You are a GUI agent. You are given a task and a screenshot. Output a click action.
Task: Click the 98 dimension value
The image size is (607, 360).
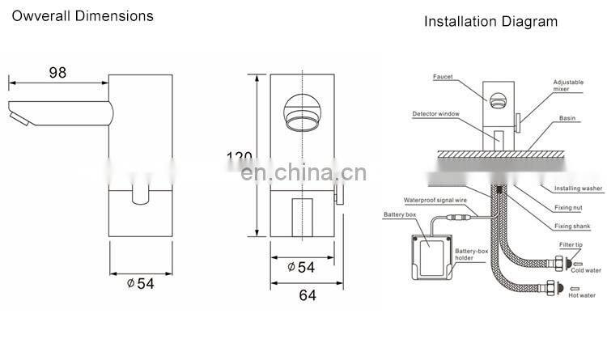[x=56, y=72]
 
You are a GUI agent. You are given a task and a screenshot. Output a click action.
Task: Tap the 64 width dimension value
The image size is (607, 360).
[x=307, y=295]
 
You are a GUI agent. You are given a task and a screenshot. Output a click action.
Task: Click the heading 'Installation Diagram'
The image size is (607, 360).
[x=491, y=21]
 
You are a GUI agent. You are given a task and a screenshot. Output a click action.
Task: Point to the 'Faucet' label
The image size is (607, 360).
[x=442, y=77]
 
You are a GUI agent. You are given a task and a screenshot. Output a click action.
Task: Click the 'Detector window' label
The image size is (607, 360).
[x=435, y=113]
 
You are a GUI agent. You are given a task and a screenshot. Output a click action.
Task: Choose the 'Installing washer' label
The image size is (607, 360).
[x=578, y=188]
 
